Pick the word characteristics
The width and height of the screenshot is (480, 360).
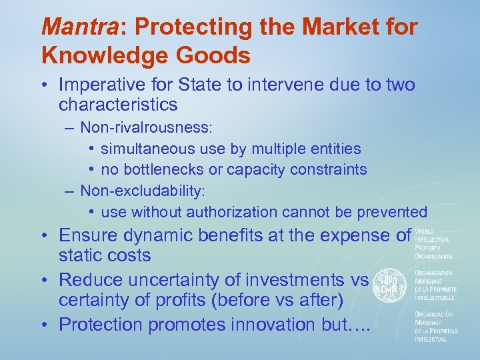point(118,105)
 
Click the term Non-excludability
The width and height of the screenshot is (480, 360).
point(143,191)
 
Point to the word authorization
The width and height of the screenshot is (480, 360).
point(231,212)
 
